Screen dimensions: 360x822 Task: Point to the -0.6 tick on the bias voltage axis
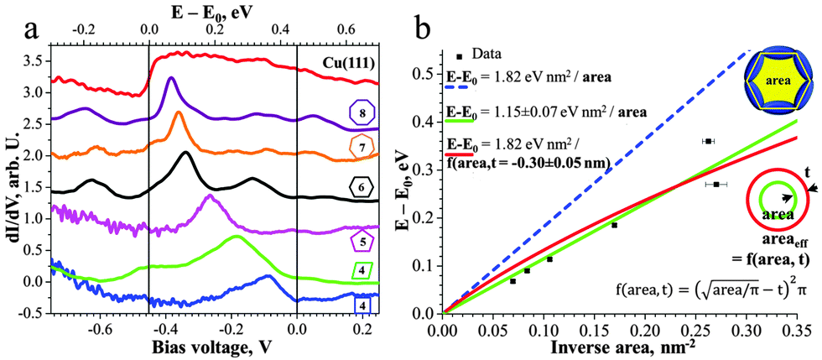coord(101,330)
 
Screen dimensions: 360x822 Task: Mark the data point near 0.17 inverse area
coord(614,225)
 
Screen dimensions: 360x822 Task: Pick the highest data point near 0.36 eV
coord(708,141)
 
